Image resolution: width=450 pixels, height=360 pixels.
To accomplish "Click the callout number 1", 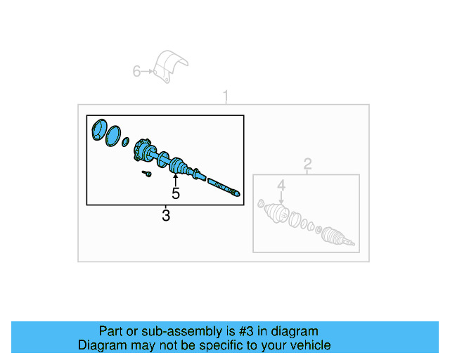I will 226,95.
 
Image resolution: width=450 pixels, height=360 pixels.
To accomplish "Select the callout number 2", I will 307,165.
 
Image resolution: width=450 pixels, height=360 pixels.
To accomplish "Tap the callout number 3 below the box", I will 166,216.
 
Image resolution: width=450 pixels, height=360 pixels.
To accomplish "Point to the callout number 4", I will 281,186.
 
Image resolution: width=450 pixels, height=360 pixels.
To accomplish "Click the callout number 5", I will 176,193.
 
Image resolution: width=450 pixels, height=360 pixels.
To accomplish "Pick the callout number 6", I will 137,71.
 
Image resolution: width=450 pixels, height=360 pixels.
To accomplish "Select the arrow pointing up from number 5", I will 176,179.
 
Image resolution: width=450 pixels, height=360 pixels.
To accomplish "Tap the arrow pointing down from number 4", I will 281,198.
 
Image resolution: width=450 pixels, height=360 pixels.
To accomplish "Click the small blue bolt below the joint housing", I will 147,172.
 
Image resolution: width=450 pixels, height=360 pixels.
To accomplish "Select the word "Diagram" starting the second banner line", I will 101,345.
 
